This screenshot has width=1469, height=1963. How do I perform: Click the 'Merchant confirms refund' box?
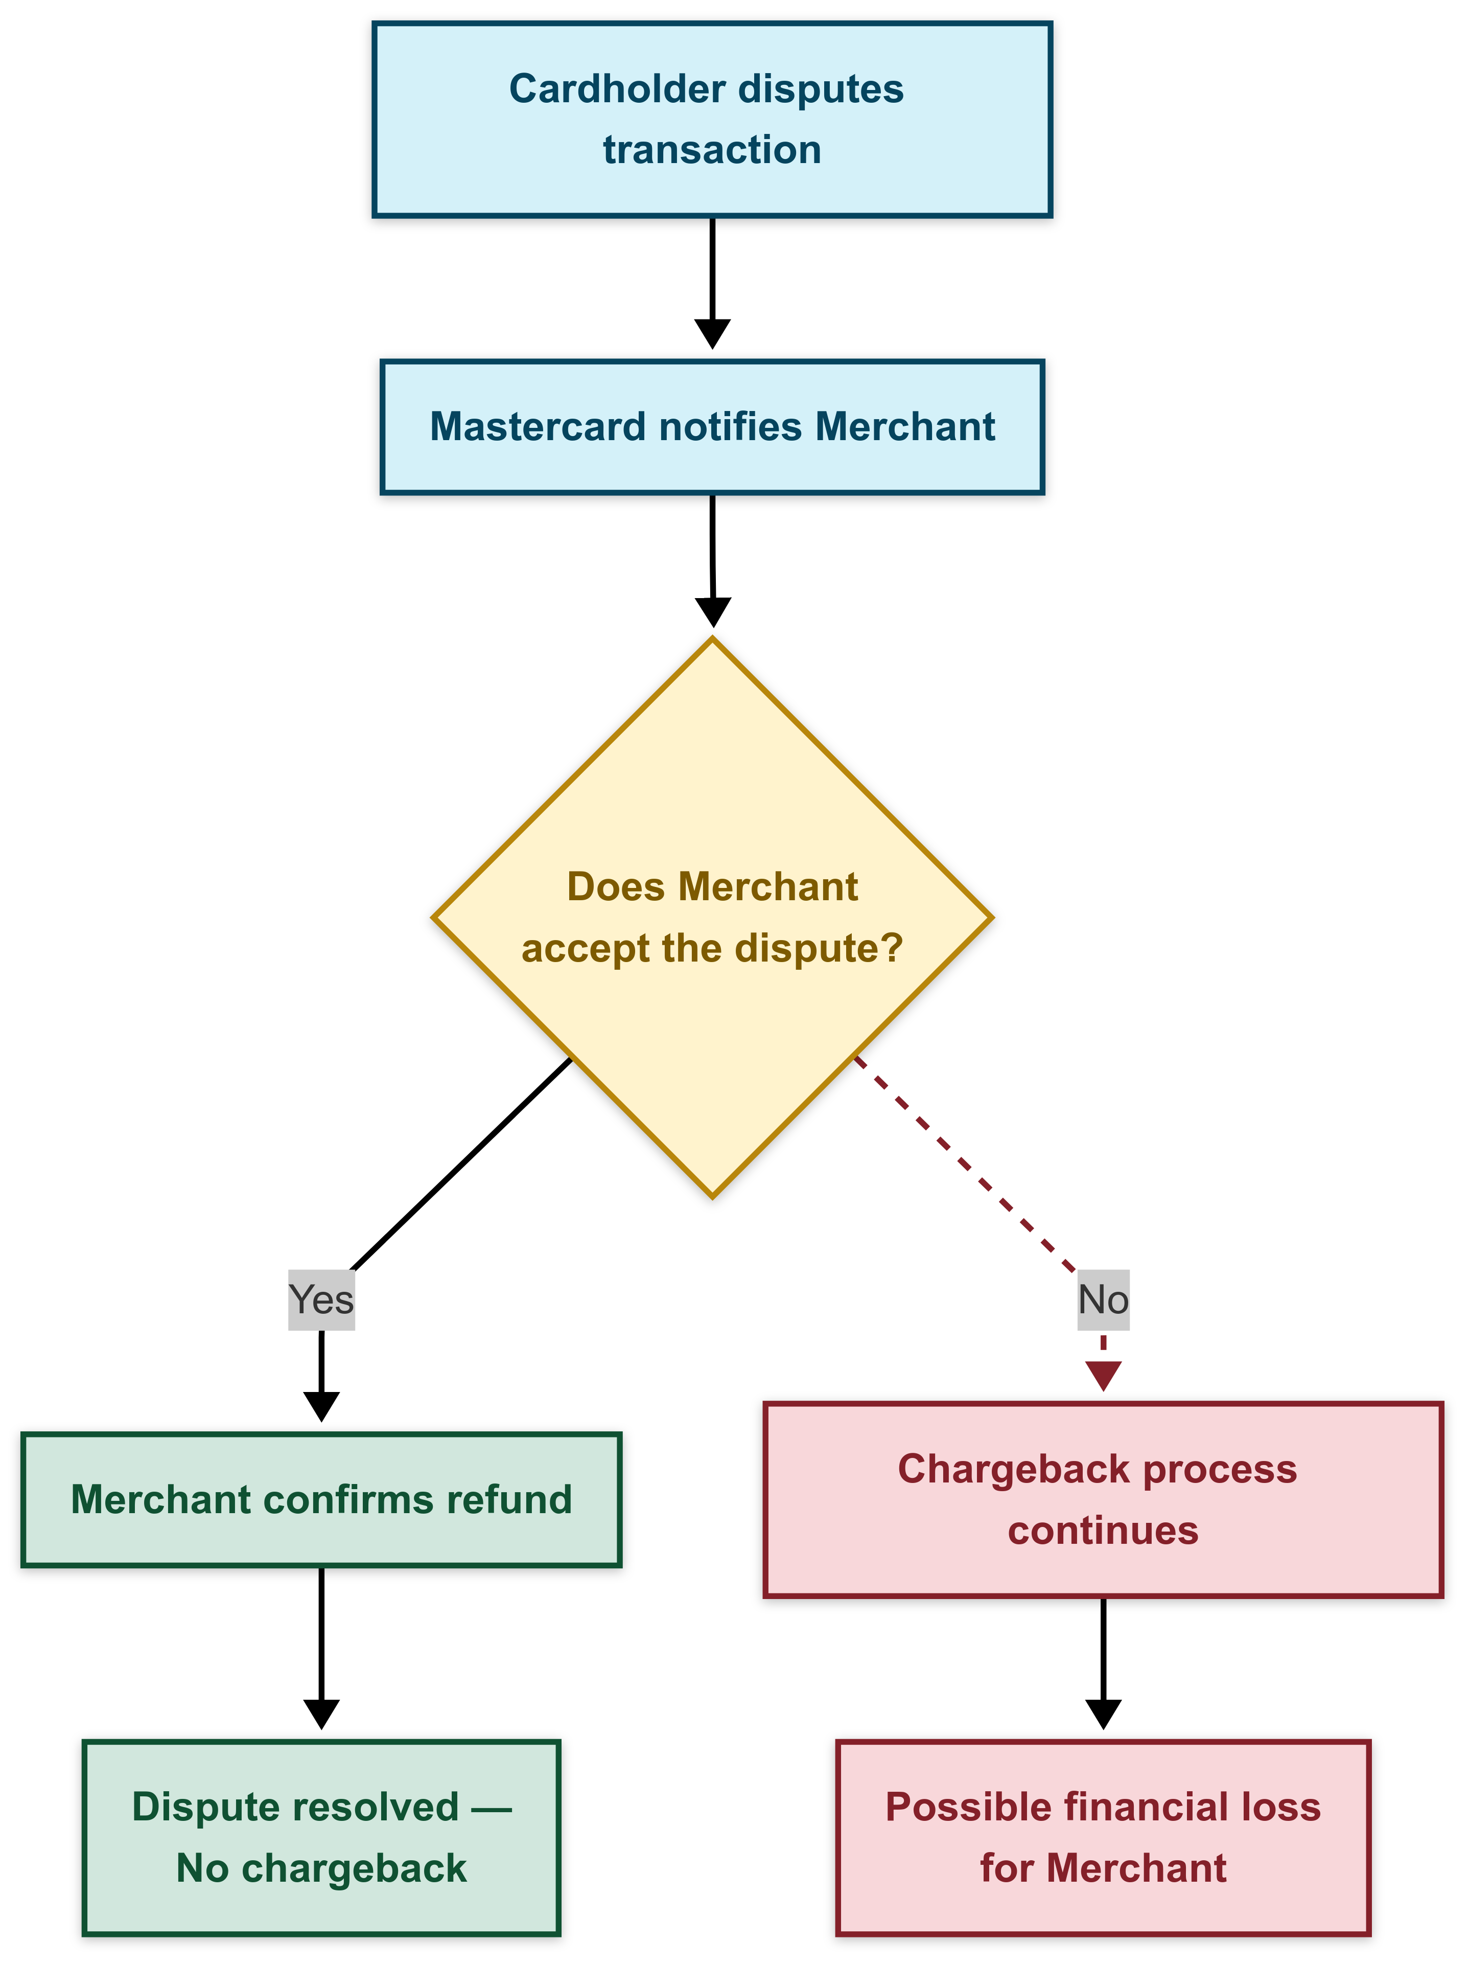[x=321, y=1500]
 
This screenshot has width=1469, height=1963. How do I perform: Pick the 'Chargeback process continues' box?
[x=1103, y=1500]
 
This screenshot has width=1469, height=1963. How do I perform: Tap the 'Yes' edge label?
[x=321, y=1300]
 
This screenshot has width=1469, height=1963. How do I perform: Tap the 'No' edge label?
[x=1103, y=1300]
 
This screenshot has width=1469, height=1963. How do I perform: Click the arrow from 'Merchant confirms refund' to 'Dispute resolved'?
[x=321, y=1642]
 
